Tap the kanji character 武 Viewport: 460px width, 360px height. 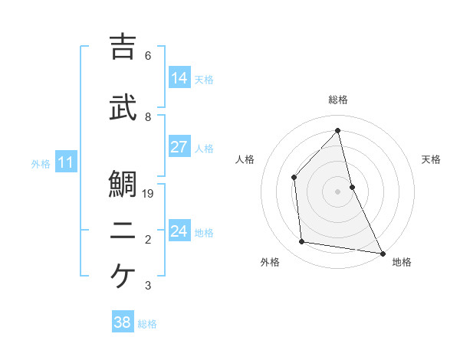(x=123, y=107)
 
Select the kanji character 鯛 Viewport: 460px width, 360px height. (x=123, y=185)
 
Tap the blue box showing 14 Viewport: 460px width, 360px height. (x=179, y=78)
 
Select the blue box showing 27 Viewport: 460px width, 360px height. (x=179, y=147)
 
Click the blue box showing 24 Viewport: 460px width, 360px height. (x=179, y=231)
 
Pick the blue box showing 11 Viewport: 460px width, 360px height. (x=65, y=162)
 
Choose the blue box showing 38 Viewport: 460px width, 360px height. (x=123, y=322)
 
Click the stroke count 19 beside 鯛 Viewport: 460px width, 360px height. (x=149, y=194)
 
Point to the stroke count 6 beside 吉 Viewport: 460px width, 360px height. (x=148, y=56)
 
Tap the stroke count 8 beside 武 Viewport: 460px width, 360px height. (x=148, y=117)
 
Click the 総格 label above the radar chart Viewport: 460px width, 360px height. (x=338, y=100)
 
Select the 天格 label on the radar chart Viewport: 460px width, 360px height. (x=432, y=159)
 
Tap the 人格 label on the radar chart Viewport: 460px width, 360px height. (x=245, y=159)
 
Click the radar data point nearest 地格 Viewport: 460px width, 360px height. (x=382, y=253)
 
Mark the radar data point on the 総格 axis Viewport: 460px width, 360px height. (x=338, y=130)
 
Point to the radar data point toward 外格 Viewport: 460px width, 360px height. (x=302, y=242)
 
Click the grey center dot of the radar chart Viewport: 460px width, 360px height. (x=338, y=191)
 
